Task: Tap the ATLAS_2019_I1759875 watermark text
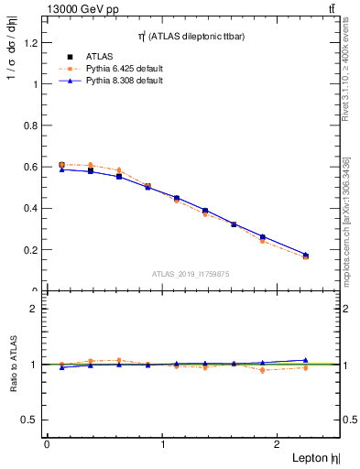tap(191, 274)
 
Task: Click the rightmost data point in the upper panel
tap(306, 256)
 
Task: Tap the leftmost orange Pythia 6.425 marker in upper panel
tap(61, 164)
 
